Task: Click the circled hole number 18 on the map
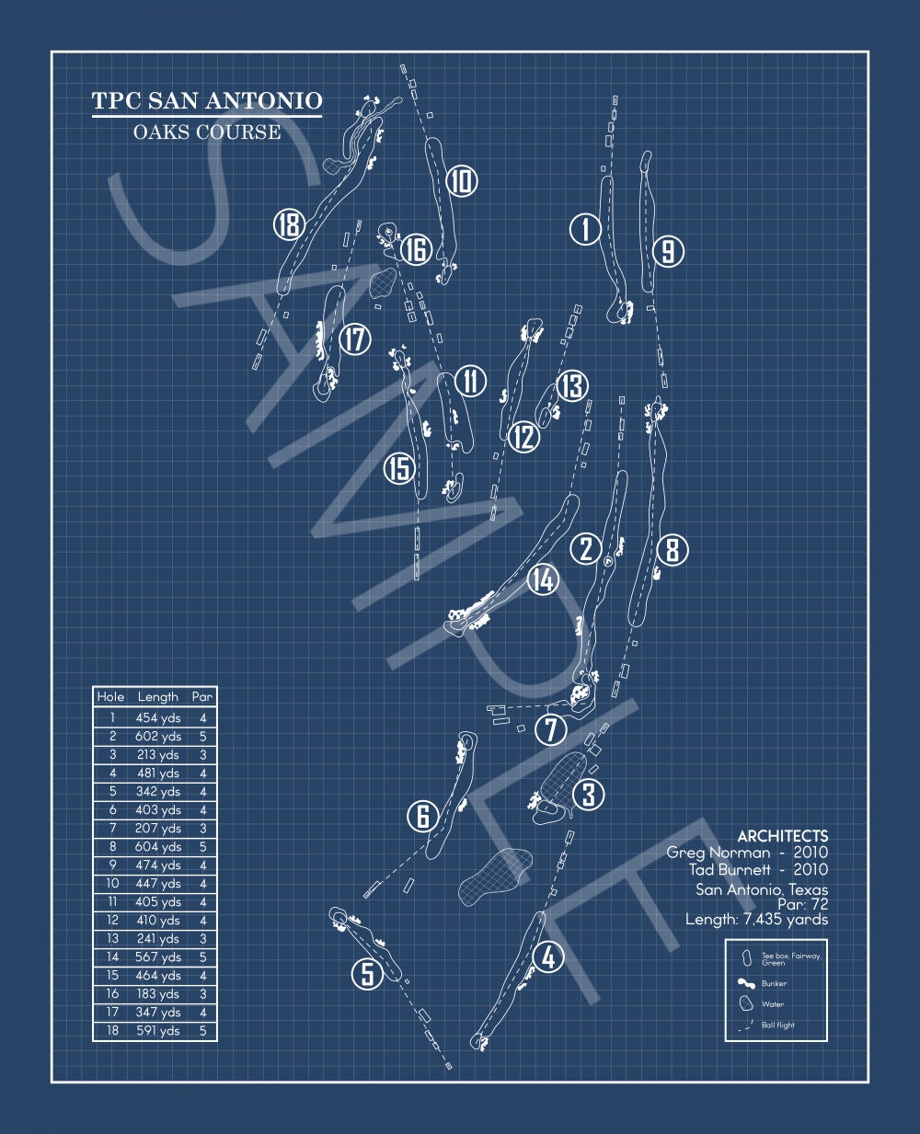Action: point(289,224)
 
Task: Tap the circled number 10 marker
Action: point(461,180)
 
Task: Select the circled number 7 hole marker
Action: point(550,730)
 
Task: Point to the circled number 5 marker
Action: point(368,974)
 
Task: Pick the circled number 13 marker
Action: point(572,385)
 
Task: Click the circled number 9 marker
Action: point(668,251)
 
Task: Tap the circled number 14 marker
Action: point(543,579)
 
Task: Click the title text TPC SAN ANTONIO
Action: point(207,100)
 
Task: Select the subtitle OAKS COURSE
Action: point(207,132)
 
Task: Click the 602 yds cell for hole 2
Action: point(158,737)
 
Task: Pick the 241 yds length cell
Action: point(158,939)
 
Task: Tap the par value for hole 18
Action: point(202,1031)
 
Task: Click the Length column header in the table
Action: point(158,697)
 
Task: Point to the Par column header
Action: point(202,697)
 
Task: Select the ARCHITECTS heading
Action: point(783,836)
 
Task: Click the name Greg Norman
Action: point(719,853)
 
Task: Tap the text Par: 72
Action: point(803,904)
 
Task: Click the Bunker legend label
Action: point(774,983)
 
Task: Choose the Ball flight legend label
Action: point(777,1025)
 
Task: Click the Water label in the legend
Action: point(773,1004)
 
